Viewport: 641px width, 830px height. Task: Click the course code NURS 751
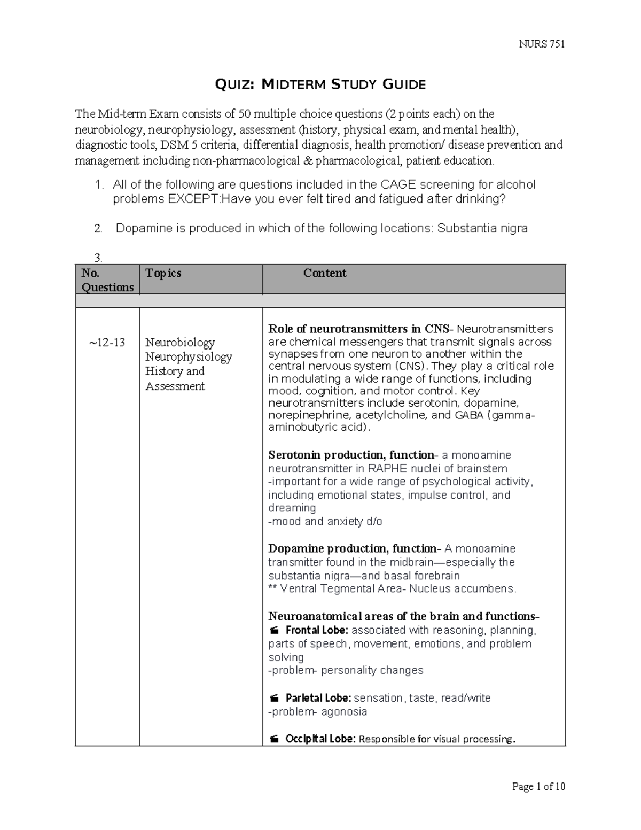pyautogui.click(x=542, y=44)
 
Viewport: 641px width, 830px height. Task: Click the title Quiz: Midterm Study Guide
pyautogui.click(x=320, y=84)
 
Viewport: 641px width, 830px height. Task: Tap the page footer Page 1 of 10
pyautogui.click(x=538, y=786)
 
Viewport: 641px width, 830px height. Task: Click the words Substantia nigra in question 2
pyautogui.click(x=482, y=229)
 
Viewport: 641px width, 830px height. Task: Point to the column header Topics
pyautogui.click(x=163, y=273)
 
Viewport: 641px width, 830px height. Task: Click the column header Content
pyautogui.click(x=325, y=273)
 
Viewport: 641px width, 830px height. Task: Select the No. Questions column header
pyautogui.click(x=107, y=280)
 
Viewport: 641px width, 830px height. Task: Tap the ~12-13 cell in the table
pyautogui.click(x=107, y=343)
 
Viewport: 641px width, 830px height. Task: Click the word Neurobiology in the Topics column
pyautogui.click(x=180, y=343)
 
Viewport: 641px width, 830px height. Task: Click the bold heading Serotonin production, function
pyautogui.click(x=351, y=455)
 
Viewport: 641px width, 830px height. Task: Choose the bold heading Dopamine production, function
pyautogui.click(x=353, y=549)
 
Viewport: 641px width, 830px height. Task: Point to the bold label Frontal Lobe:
pyautogui.click(x=317, y=630)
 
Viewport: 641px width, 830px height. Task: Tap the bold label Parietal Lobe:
pyautogui.click(x=318, y=698)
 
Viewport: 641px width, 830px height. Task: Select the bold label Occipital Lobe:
pyautogui.click(x=320, y=739)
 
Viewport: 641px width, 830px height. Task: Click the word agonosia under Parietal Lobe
pyautogui.click(x=344, y=712)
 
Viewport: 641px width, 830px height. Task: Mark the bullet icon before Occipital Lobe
pyautogui.click(x=274, y=740)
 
